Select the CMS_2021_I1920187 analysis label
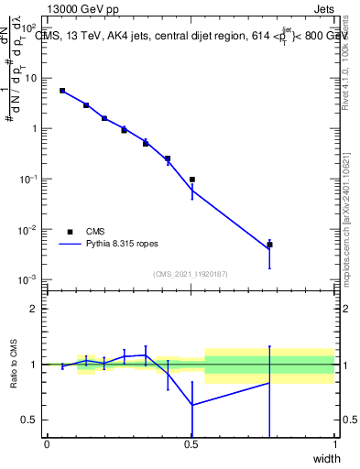pyautogui.click(x=191, y=274)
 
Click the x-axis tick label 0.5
pyautogui.click(x=191, y=444)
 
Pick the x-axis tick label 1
pyautogui.click(x=336, y=444)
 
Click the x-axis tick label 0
pyautogui.click(x=47, y=444)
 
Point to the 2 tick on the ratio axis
pyautogui.click(x=34, y=309)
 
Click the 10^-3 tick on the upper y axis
pyautogui.click(x=28, y=279)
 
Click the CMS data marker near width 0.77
pyautogui.click(x=269, y=245)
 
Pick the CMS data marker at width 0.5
pyautogui.click(x=191, y=180)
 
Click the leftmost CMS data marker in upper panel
pyautogui.click(x=62, y=91)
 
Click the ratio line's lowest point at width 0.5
pyautogui.click(x=191, y=405)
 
